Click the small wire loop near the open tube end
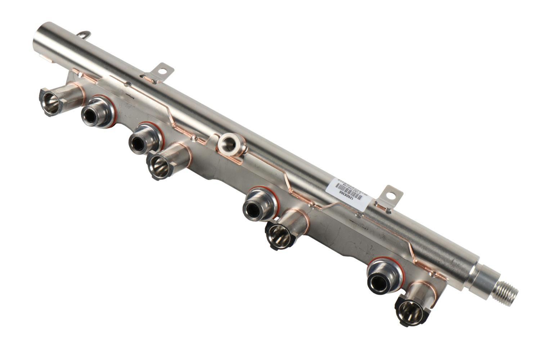click(x=84, y=35)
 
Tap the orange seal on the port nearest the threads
click(x=400, y=274)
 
